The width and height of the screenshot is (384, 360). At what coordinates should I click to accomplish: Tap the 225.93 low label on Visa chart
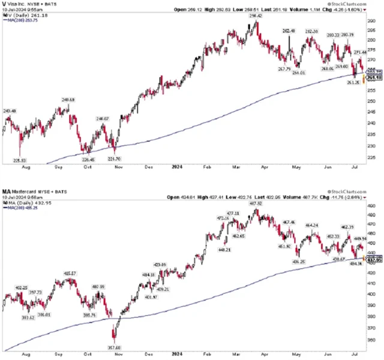[x=20, y=160]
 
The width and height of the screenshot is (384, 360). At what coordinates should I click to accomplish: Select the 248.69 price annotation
[x=67, y=100]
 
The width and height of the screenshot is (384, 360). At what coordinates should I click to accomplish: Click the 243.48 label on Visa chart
[x=10, y=111]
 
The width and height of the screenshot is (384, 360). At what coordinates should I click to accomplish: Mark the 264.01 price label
[x=299, y=73]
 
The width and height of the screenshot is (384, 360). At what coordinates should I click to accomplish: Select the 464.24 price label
[x=311, y=225]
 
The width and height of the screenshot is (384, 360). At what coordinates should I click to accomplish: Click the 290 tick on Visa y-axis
[x=373, y=21]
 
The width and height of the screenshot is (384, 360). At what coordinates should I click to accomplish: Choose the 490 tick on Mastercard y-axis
[x=373, y=206]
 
